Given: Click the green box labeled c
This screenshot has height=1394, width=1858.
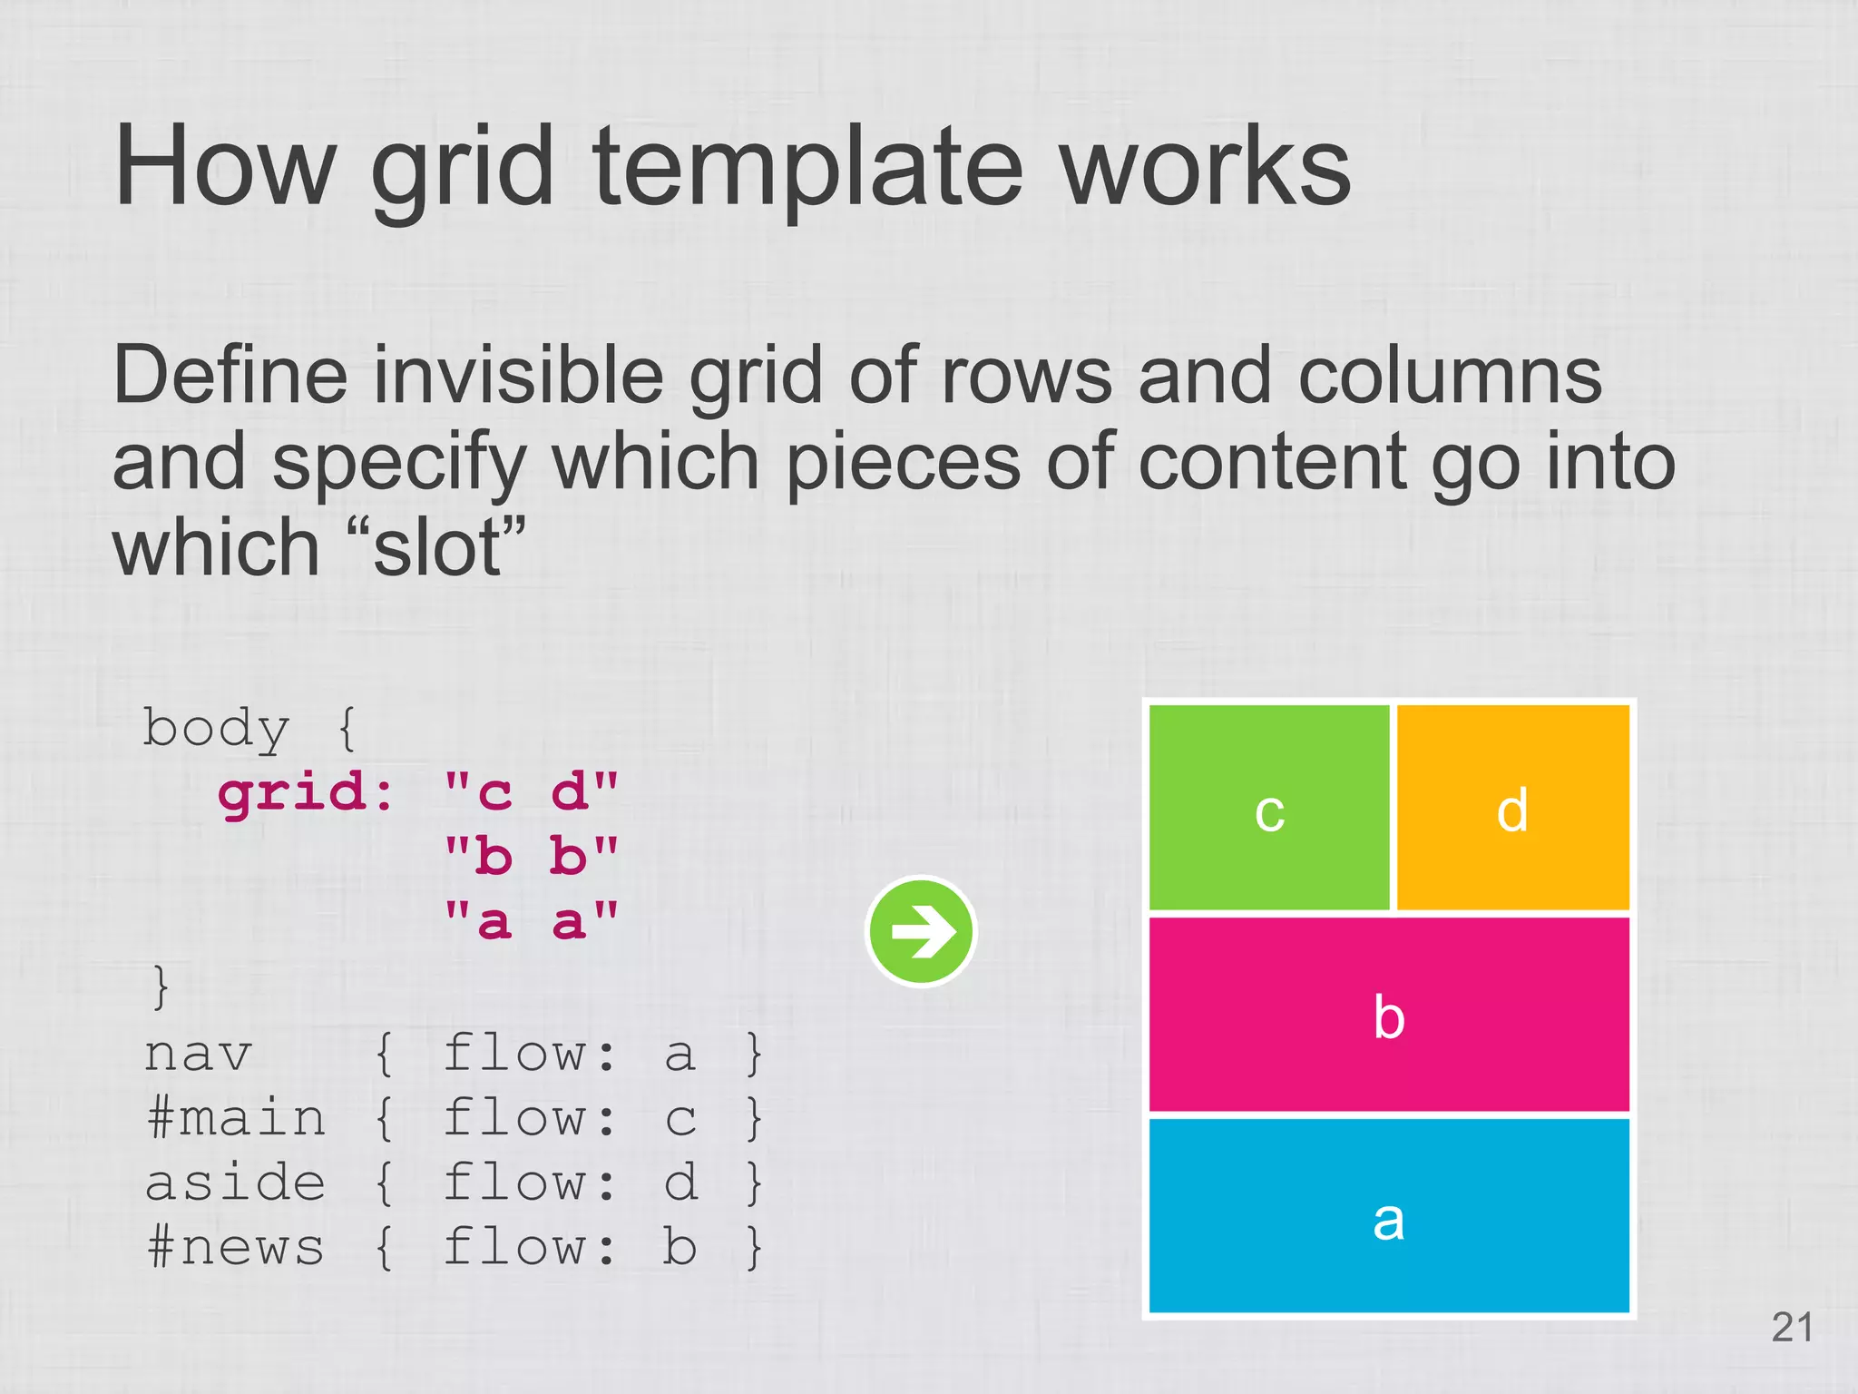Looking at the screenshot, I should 1268,807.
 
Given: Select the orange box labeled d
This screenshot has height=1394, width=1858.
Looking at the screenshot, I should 1512,807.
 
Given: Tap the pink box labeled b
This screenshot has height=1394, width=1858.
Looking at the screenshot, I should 1389,1015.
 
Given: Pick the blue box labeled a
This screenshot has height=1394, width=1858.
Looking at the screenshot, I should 1389,1216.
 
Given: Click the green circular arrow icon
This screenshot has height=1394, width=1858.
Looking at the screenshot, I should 921,930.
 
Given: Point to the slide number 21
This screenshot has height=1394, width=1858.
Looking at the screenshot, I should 1792,1328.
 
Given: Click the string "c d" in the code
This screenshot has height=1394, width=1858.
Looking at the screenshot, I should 531,792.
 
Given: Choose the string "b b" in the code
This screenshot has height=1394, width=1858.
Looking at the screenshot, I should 531,857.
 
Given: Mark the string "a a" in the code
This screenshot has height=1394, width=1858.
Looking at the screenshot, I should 531,921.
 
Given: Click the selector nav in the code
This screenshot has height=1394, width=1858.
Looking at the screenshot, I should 198,1055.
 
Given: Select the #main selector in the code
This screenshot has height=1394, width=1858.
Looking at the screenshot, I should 235,1118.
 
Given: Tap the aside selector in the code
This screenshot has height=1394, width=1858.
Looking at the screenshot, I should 235,1183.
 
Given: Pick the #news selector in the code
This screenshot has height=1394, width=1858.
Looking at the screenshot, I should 235,1247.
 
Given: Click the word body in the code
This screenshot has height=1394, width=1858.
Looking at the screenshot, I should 216,730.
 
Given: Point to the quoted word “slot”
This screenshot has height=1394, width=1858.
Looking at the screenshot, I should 436,548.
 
